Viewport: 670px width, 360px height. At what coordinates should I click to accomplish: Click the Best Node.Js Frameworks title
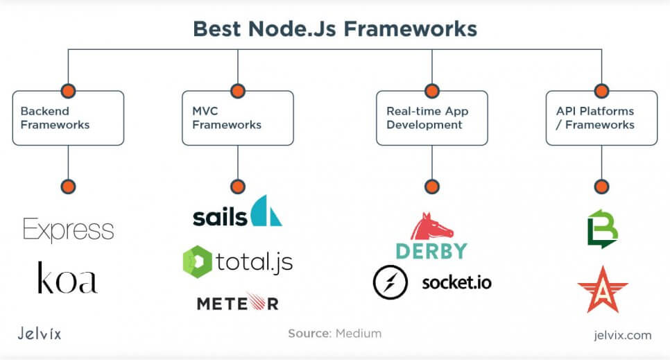[335, 29]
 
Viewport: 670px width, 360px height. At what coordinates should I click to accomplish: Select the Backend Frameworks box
[69, 118]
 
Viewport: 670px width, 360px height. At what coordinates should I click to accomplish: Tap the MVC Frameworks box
[238, 118]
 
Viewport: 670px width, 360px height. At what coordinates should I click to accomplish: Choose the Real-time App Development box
[431, 118]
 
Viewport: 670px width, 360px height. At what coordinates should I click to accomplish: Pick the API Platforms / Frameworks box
[601, 118]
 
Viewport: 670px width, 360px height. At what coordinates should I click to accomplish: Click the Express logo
[69, 230]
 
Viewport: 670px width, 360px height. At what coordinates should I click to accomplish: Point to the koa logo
[67, 278]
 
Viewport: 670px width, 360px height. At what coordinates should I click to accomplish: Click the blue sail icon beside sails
[266, 211]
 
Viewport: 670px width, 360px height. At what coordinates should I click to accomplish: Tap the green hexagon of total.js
[197, 262]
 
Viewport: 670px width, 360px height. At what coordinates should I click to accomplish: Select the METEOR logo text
[238, 303]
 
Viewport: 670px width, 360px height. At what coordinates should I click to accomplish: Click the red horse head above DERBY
[431, 226]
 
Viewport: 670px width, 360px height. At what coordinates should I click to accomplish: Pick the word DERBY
[431, 251]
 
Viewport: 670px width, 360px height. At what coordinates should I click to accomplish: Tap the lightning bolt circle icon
[390, 282]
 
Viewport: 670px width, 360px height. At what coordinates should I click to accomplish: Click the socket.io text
[457, 282]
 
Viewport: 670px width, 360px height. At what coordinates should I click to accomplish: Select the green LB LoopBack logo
[603, 229]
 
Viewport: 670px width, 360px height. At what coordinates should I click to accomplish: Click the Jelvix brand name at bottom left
[40, 333]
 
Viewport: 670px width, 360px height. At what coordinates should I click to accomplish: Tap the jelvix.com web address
[623, 335]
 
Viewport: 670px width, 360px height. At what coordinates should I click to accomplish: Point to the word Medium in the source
[358, 334]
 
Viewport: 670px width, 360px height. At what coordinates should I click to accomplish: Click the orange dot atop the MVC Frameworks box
[238, 91]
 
